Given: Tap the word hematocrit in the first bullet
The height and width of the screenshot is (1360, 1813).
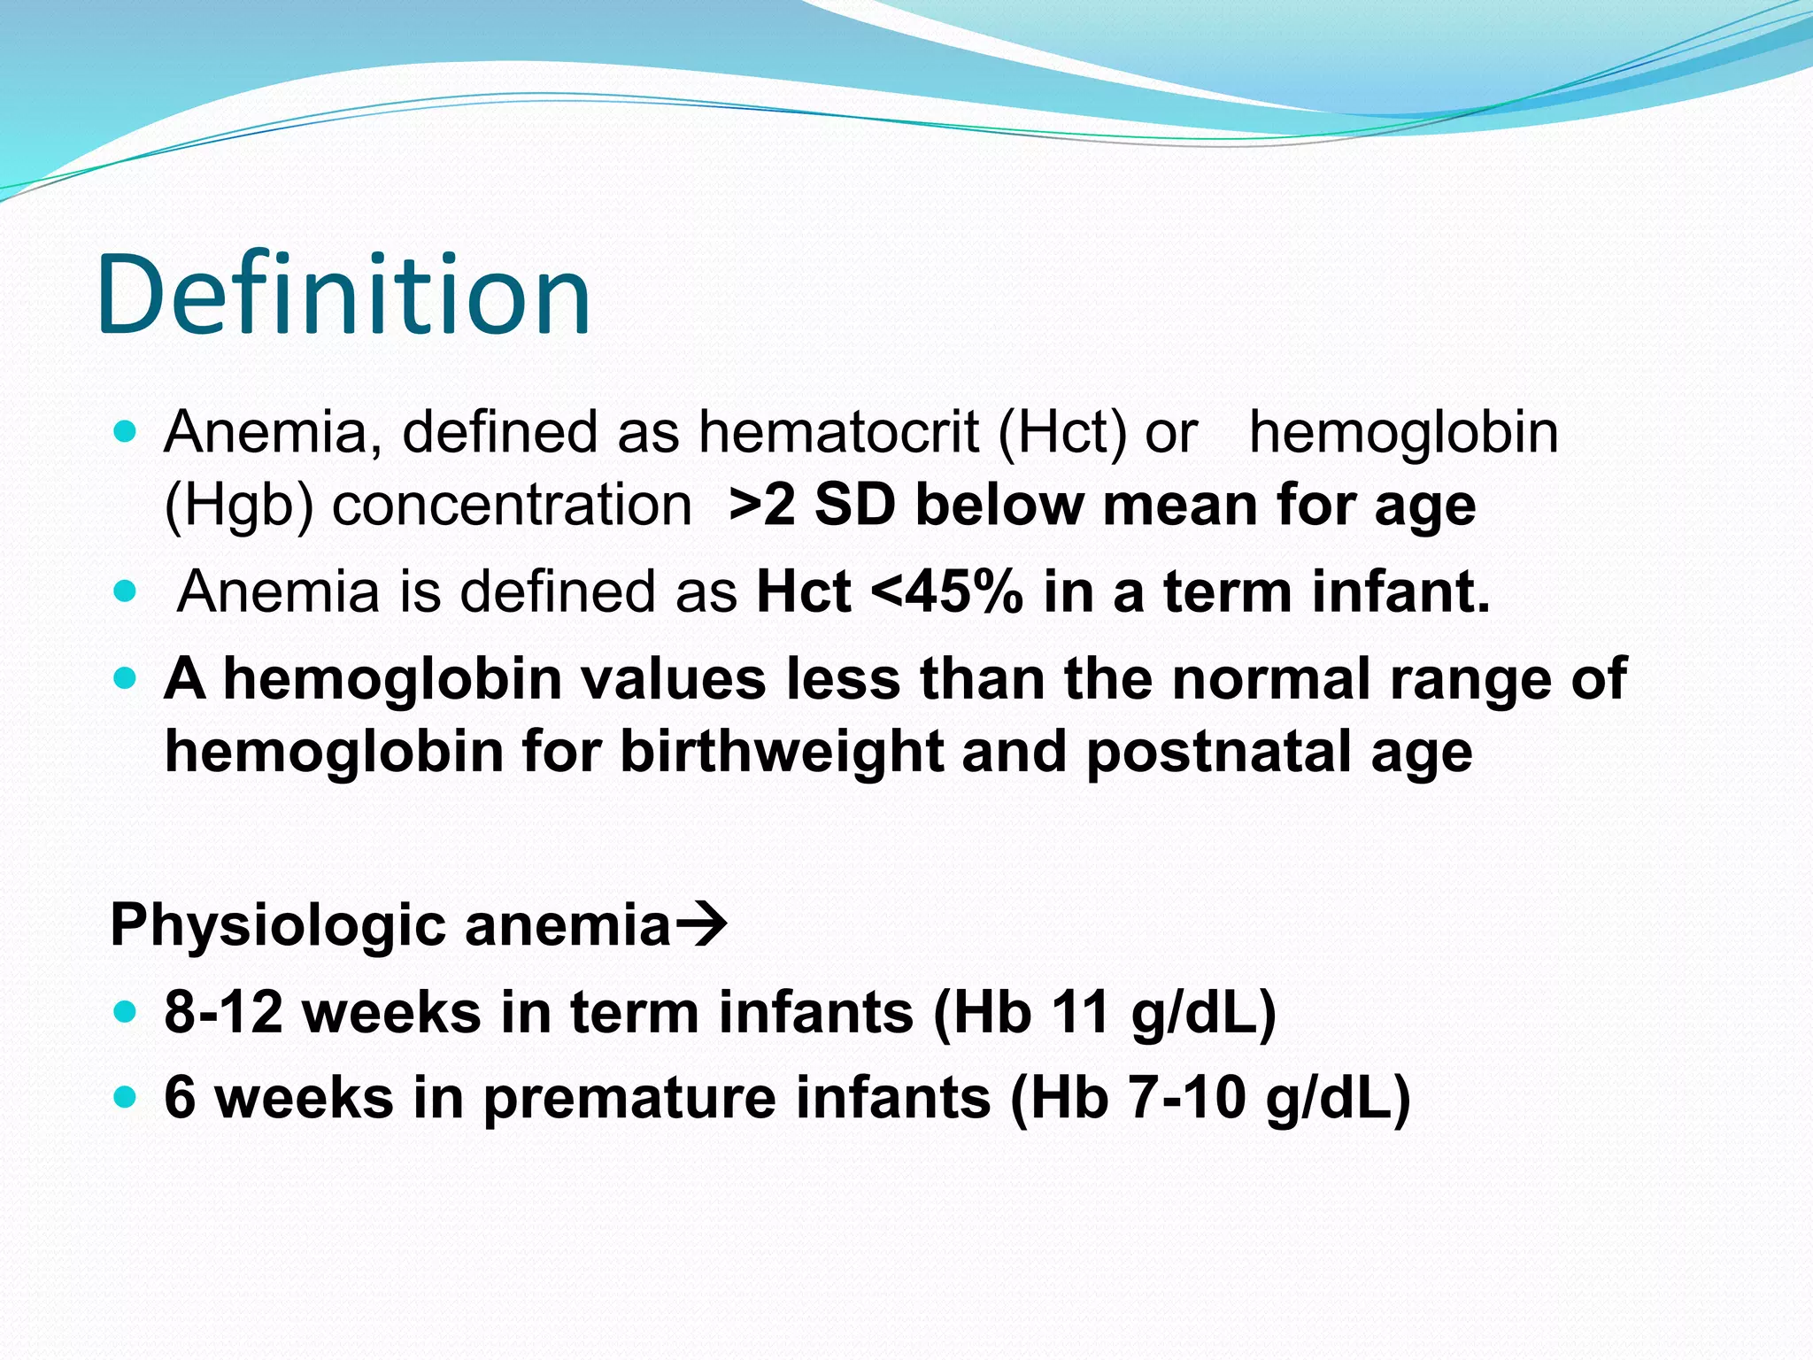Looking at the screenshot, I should coord(838,433).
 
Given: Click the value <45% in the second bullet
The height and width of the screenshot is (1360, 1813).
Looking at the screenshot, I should coord(946,591).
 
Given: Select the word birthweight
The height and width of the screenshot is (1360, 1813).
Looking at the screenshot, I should coord(780,752).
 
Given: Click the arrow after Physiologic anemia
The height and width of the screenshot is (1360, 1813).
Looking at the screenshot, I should coord(702,925).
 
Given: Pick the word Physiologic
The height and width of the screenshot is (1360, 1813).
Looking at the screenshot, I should coord(278,925).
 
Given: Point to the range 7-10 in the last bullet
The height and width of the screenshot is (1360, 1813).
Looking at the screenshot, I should coord(1186,1097).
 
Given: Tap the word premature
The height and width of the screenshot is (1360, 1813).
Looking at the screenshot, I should coord(629,1097).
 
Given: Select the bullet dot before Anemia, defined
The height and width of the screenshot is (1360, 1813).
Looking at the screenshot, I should coord(126,433).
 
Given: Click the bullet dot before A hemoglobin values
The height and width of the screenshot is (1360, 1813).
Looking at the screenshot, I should coord(126,679).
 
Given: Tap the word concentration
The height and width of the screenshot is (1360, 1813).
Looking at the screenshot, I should coord(512,506).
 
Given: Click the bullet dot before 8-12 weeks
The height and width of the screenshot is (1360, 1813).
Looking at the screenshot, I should coord(126,1011).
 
